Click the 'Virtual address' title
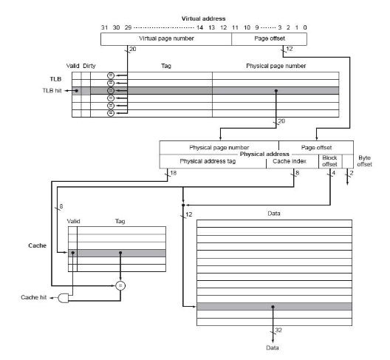tap(203, 18)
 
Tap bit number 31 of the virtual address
tap(104, 27)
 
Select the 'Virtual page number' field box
tap(166, 39)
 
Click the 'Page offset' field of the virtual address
tap(270, 39)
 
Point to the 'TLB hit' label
tap(52, 90)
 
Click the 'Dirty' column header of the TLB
tap(89, 66)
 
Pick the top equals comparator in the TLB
tap(111, 75)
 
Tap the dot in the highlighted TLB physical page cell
tap(276, 91)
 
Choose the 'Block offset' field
tap(330, 161)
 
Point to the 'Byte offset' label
tap(364, 161)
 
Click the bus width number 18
tap(174, 173)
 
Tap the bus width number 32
tap(278, 330)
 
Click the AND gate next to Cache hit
tap(64, 298)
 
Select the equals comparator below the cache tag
tap(120, 285)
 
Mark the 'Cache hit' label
tap(33, 297)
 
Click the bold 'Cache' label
tap(38, 245)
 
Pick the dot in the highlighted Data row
tap(273, 307)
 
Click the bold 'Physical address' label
tap(264, 154)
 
